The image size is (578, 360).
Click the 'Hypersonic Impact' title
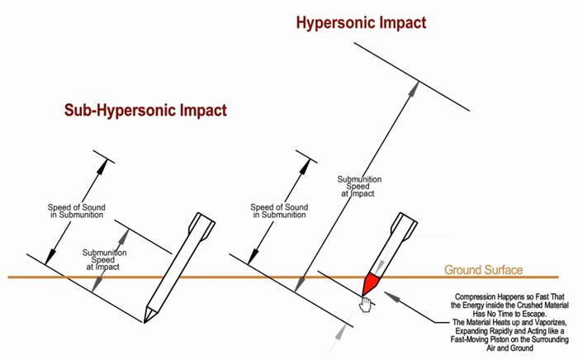361,23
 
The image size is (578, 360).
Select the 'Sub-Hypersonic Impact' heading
145,110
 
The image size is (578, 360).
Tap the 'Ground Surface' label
483,270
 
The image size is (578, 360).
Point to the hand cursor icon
365,305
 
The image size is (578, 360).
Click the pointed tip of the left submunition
144,322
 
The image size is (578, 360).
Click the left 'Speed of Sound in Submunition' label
77,211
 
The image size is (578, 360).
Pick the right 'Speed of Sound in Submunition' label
279,211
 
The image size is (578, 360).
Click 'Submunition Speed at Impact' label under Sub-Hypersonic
104,260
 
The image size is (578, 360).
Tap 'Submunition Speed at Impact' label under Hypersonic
359,187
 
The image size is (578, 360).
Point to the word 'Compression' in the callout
475,296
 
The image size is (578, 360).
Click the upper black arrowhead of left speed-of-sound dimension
102,167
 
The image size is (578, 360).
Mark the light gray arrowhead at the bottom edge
341,332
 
